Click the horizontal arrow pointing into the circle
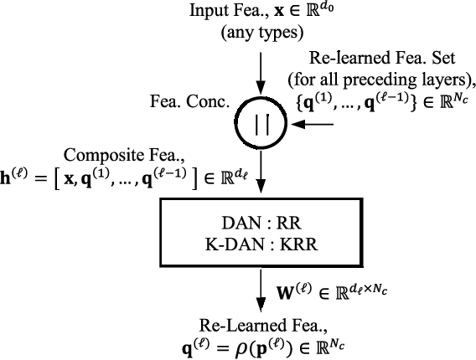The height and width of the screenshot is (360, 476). click(317, 124)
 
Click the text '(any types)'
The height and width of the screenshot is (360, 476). click(262, 33)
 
